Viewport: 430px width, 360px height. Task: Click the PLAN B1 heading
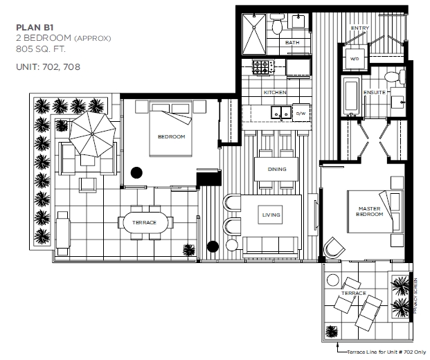click(x=35, y=28)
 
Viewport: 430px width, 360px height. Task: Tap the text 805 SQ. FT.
click(x=41, y=49)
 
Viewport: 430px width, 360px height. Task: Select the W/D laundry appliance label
click(x=355, y=59)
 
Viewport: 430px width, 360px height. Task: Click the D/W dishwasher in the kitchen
click(x=301, y=113)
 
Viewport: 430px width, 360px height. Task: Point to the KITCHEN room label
click(x=275, y=92)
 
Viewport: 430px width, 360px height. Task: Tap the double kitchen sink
click(x=281, y=112)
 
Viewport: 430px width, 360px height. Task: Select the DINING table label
click(x=277, y=169)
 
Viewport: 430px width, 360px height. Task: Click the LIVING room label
click(x=271, y=215)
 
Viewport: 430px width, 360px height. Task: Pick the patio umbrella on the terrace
click(x=92, y=134)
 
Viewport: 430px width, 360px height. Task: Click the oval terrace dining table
click(x=145, y=222)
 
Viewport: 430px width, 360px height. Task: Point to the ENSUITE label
click(x=375, y=92)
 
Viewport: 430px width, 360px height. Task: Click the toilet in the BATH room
click(x=278, y=25)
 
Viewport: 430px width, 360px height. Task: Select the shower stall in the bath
click(x=254, y=34)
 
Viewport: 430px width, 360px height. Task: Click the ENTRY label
click(x=360, y=28)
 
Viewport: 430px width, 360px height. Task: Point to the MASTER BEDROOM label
click(x=369, y=211)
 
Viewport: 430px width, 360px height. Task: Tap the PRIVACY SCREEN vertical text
click(x=415, y=296)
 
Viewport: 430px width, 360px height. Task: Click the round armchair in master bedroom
click(x=334, y=248)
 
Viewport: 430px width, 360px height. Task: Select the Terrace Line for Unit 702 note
click(x=386, y=352)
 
